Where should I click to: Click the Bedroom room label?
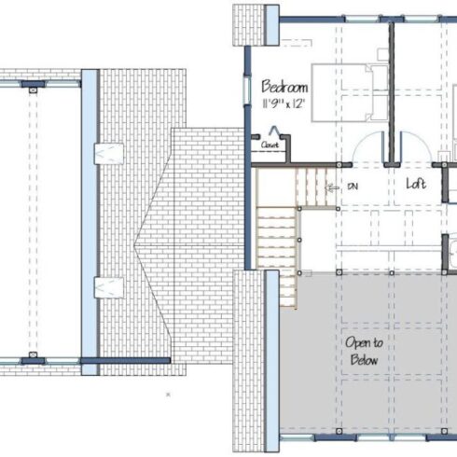coord(284,87)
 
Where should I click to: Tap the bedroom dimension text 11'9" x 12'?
coord(284,104)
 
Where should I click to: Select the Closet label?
coord(270,145)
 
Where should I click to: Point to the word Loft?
coord(416,184)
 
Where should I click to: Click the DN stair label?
coord(353,187)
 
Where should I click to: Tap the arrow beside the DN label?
coord(332,187)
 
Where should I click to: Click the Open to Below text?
coord(364,352)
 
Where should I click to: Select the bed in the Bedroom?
coord(350,92)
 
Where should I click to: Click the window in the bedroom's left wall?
coord(247,90)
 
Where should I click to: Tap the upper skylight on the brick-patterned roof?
coord(109,154)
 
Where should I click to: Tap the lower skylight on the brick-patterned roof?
coord(109,287)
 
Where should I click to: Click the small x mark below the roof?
coord(168,395)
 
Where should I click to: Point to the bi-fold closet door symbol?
coord(274,131)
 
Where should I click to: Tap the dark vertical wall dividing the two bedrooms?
coord(392,92)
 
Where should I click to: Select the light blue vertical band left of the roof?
coord(90,222)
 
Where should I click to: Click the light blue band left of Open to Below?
coord(272,361)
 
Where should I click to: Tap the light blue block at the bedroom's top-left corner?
coord(272,25)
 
